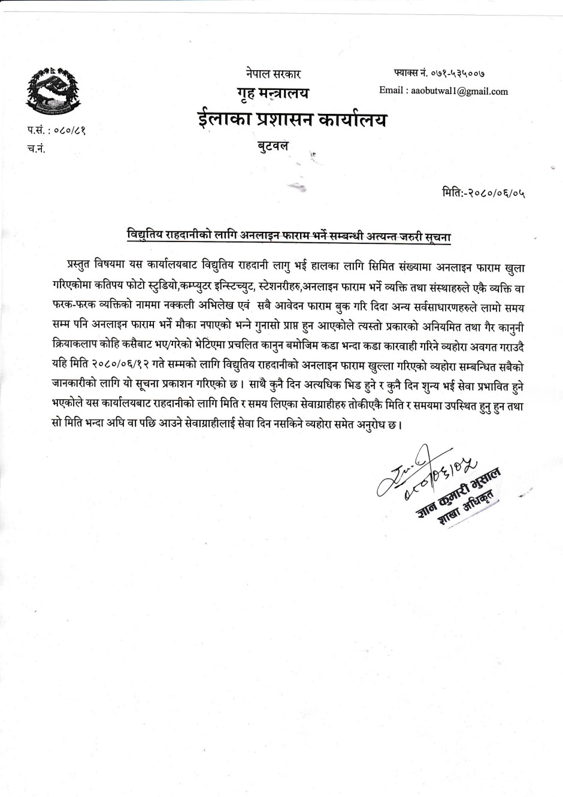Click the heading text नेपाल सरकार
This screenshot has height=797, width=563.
(273, 74)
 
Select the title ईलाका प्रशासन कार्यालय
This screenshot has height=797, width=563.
(292, 120)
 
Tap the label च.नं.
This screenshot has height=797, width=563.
(37, 149)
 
